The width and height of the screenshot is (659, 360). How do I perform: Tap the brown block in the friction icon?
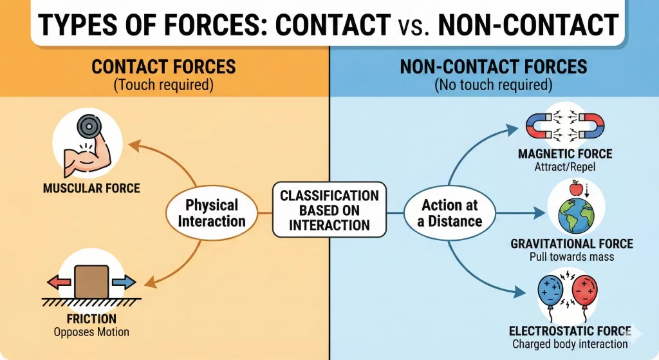(x=91, y=282)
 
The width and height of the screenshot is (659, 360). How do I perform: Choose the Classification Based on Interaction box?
(x=329, y=210)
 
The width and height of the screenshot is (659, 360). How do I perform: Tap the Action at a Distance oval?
(x=451, y=213)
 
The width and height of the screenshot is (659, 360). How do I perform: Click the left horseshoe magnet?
(x=542, y=126)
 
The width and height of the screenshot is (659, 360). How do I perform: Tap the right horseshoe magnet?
(x=589, y=126)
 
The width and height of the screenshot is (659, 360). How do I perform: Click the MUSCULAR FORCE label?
(x=91, y=189)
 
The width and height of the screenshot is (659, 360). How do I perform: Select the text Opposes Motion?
(x=91, y=332)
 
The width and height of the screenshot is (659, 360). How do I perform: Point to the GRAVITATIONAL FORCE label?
(x=571, y=243)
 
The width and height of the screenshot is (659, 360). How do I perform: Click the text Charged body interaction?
(x=570, y=344)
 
